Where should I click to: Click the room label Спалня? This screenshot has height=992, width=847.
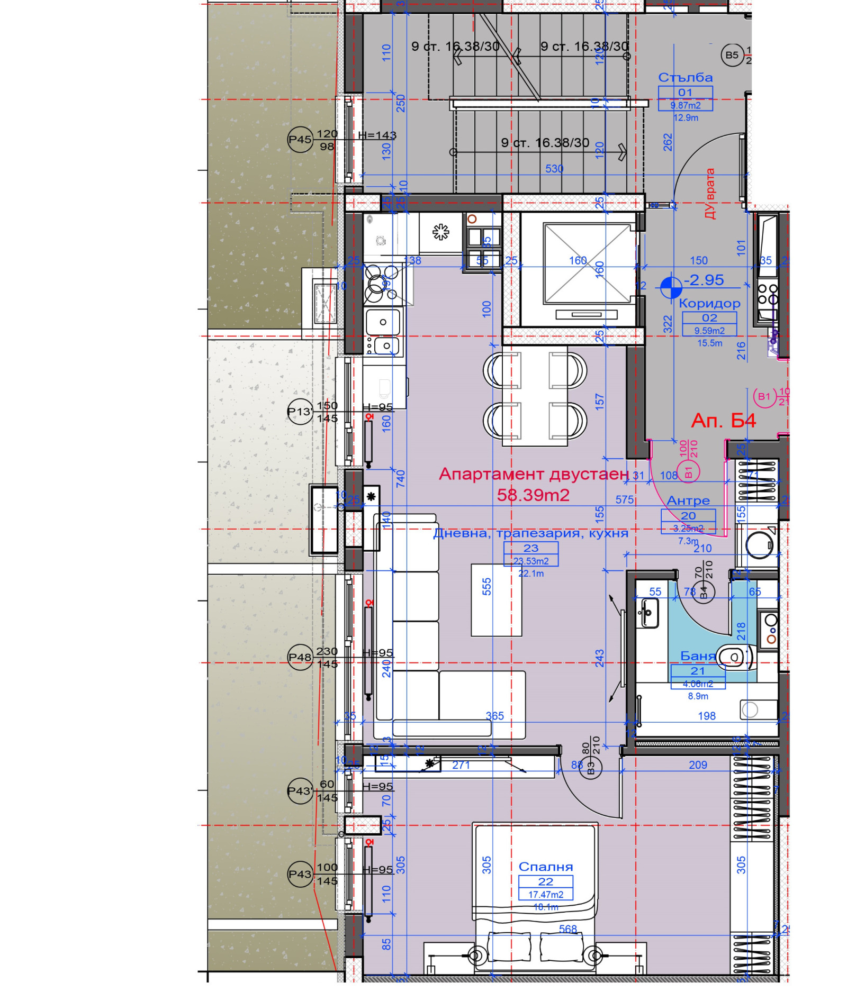[x=545, y=866]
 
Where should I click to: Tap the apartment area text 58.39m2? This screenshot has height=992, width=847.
[x=533, y=495]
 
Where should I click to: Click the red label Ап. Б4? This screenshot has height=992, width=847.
[x=723, y=421]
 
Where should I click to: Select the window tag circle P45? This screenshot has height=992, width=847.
[x=300, y=140]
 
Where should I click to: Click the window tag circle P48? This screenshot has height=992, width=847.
[x=300, y=657]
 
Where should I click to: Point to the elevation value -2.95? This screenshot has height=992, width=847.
[x=704, y=280]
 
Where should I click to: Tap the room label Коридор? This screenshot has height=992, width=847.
[x=709, y=304]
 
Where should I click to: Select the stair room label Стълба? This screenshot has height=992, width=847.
[x=685, y=78]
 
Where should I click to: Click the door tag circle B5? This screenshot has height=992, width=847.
[x=732, y=55]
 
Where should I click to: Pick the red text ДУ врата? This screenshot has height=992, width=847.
[x=709, y=194]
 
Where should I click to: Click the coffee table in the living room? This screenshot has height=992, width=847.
[x=496, y=599]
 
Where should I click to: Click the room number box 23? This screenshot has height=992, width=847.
[x=530, y=548]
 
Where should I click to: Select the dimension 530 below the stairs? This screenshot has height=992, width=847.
[x=554, y=169]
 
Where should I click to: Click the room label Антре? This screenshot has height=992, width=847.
[x=688, y=500]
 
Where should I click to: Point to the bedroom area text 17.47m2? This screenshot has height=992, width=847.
[x=545, y=895]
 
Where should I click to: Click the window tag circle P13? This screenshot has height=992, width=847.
[x=300, y=412]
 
